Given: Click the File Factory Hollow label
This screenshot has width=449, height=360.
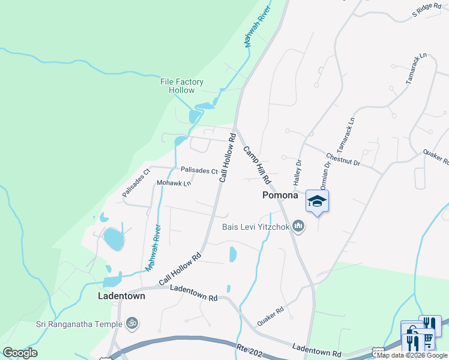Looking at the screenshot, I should click(181, 86).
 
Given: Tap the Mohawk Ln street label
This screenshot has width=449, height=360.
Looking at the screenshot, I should click(173, 182).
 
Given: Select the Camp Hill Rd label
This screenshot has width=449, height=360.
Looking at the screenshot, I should click(258, 165).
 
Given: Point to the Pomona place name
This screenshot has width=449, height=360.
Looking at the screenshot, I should click(280, 196).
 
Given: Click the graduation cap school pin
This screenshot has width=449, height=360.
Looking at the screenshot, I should click(317, 201).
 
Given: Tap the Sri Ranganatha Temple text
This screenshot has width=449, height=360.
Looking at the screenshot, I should click(77, 324).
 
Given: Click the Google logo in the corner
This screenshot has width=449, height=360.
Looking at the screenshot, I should click(20, 353).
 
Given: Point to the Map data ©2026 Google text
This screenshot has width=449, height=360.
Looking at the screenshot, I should click(412, 355).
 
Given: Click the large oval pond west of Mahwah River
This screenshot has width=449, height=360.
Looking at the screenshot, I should click(113, 239).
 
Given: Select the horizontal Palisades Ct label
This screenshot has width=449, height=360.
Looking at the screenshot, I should click(199, 171).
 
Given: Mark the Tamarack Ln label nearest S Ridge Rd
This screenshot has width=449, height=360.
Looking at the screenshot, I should click(415, 67).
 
